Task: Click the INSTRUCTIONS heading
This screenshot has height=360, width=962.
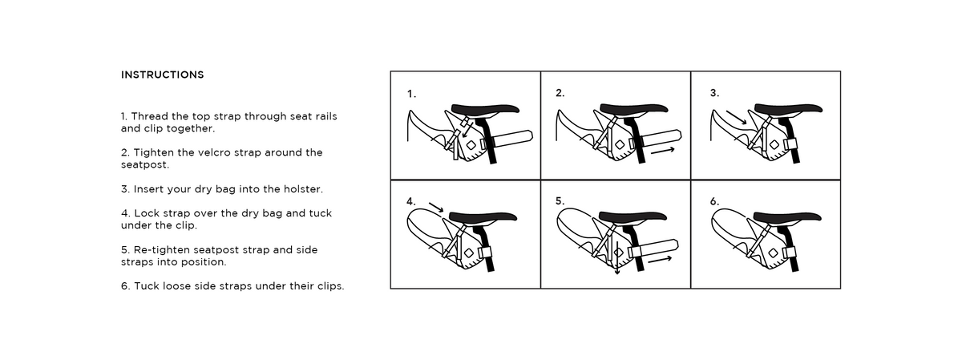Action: click(x=162, y=75)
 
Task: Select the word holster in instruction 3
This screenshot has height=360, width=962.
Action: click(x=304, y=189)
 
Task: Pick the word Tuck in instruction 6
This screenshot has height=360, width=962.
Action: click(x=147, y=286)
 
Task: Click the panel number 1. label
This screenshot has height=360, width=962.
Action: click(x=411, y=94)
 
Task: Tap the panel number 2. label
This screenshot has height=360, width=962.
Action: click(x=560, y=93)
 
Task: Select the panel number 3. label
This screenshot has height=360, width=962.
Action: click(x=714, y=93)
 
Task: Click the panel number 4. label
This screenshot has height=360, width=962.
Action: click(x=411, y=201)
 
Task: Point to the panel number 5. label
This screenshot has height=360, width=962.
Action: click(x=560, y=201)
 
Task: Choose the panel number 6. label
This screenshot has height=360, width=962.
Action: click(x=714, y=201)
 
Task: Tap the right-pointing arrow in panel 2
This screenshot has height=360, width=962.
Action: click(x=661, y=150)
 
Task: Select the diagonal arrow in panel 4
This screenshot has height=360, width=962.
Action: click(x=436, y=208)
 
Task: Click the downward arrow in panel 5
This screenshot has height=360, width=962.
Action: click(x=617, y=269)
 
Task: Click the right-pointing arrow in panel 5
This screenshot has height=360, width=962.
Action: click(x=661, y=259)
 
